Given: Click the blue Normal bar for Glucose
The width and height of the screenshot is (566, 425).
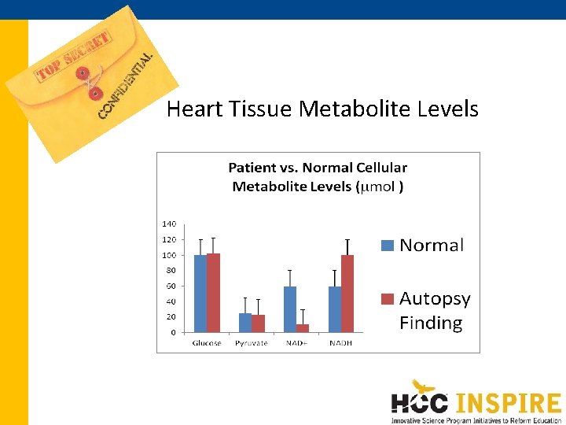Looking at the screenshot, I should click(x=200, y=294).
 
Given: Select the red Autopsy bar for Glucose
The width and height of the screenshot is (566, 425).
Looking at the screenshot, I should click(x=213, y=293).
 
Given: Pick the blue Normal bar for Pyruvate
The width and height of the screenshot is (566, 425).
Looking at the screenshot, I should click(x=245, y=323).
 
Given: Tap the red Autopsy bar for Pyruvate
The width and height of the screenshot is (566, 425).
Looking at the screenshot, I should click(x=258, y=323).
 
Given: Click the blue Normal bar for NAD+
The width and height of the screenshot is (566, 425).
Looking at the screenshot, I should click(x=290, y=309).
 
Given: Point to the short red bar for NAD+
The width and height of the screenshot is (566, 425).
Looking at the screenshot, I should click(x=303, y=327).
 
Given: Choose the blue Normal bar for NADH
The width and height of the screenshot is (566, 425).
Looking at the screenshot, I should click(x=335, y=309).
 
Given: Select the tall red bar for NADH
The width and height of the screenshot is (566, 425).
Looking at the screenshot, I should click(x=347, y=294).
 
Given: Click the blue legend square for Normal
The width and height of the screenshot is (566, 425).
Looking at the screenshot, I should click(x=387, y=245).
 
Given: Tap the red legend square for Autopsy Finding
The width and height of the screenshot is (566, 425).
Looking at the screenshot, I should click(x=387, y=298).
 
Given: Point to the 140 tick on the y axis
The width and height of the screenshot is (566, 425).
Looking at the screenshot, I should click(x=169, y=224).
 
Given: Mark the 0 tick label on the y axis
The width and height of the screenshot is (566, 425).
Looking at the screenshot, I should click(x=173, y=333).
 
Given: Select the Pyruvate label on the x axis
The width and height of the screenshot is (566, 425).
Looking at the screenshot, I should click(x=252, y=343).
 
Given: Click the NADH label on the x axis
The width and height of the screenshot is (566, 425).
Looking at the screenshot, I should click(x=340, y=343).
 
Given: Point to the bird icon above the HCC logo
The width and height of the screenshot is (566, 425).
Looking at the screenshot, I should click(x=425, y=386).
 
